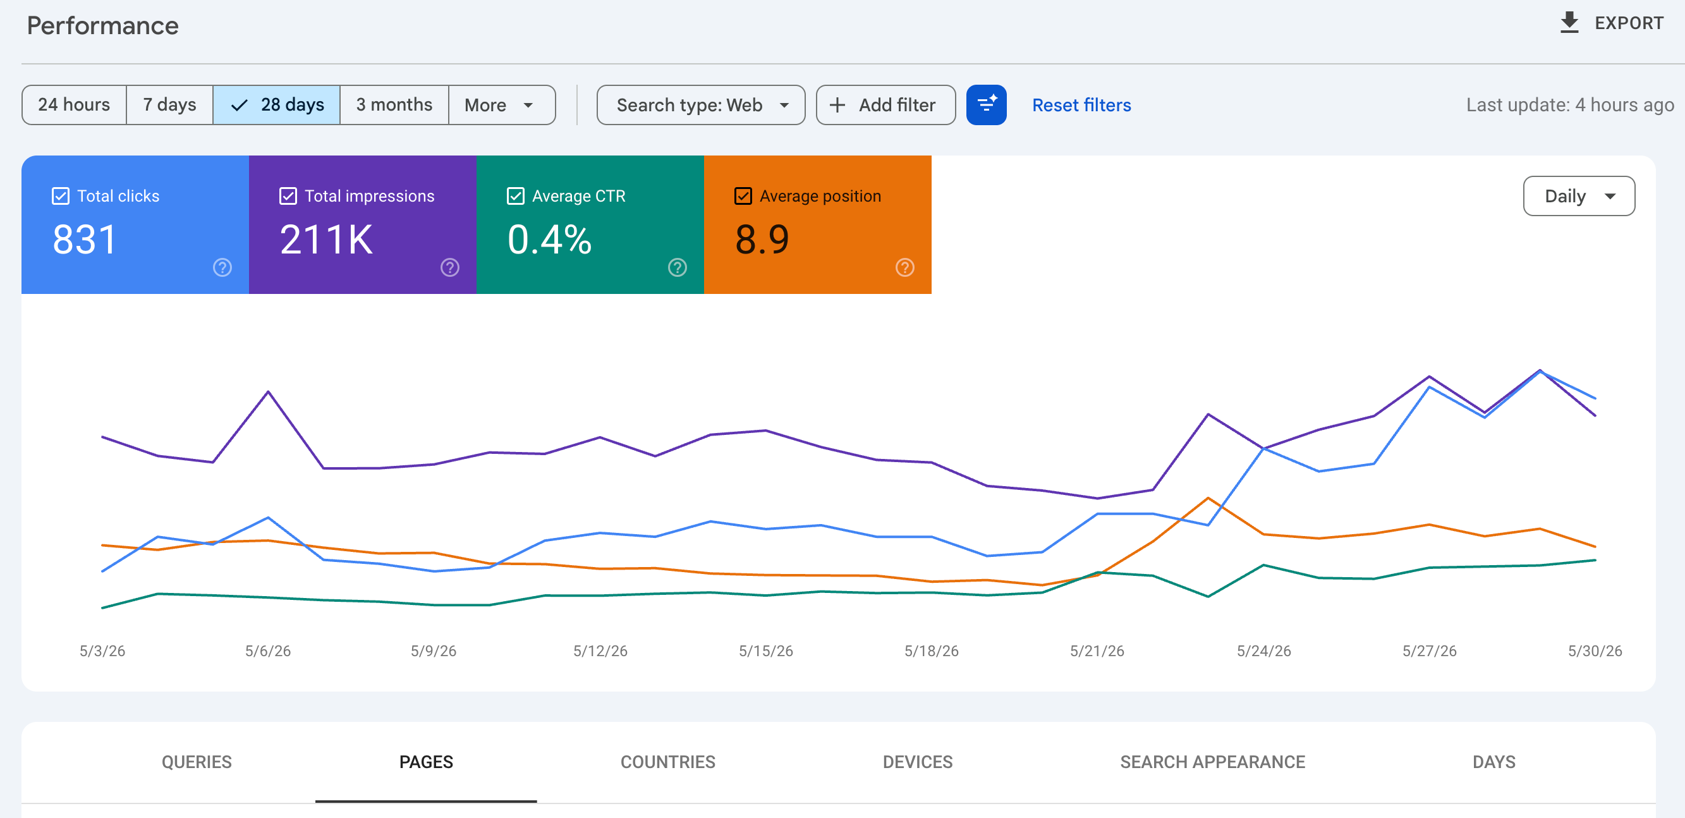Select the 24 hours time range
74,105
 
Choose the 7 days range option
169,105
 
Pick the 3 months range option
394,105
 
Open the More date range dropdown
502,105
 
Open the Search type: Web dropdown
700,105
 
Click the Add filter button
885,105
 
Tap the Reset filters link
1081,105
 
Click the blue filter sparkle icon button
986,105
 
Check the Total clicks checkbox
60,196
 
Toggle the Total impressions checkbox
288,196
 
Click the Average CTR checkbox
516,196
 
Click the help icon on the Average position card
904,267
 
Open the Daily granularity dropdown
1578,196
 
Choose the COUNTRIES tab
667,762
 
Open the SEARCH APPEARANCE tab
1212,762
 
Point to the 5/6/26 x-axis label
267,650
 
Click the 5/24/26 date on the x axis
1263,650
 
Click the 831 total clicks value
85,239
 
